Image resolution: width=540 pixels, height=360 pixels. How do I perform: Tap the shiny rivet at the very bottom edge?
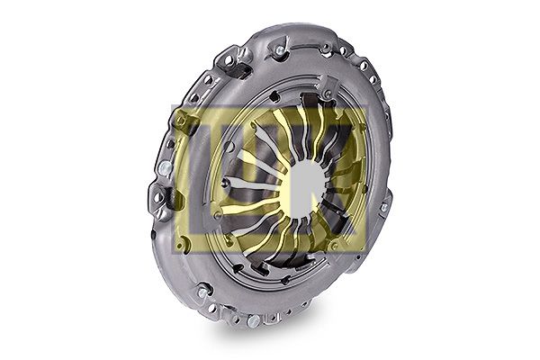pyautogui.click(x=254, y=320)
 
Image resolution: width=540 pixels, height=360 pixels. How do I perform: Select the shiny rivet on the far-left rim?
pyautogui.click(x=166, y=168)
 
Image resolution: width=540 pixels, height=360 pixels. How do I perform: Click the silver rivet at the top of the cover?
pyautogui.click(x=280, y=51)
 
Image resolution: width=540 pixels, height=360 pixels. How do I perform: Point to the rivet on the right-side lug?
pyautogui.click(x=384, y=207)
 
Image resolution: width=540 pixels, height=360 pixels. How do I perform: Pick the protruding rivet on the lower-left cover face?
pyautogui.click(x=202, y=292)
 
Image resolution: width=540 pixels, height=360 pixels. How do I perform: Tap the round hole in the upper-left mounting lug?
pyautogui.click(x=228, y=60)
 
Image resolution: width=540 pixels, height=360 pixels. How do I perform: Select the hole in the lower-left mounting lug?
pyautogui.click(x=158, y=197)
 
